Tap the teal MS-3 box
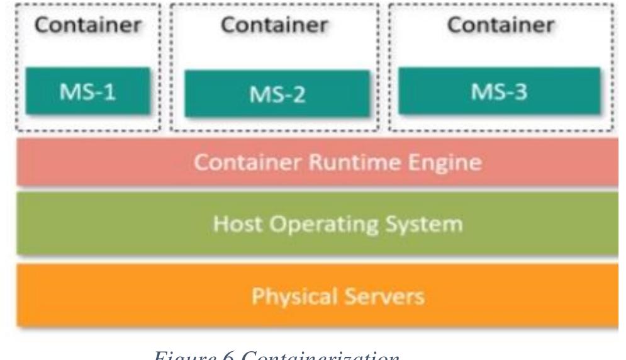498,93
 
